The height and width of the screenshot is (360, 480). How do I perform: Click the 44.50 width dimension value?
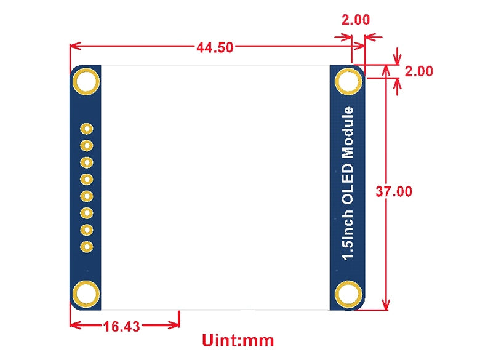coord(214,47)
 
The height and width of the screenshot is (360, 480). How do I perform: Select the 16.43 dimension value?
coord(122,326)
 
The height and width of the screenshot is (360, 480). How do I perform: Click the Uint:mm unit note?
coord(238,340)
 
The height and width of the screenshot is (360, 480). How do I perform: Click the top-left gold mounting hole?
coord(86,81)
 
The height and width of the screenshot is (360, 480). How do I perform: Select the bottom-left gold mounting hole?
coord(86,295)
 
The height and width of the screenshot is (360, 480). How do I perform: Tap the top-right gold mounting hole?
coord(348,81)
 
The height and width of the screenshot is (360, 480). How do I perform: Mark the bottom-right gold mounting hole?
coord(348,295)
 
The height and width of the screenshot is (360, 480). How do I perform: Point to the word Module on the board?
coord(348,132)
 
